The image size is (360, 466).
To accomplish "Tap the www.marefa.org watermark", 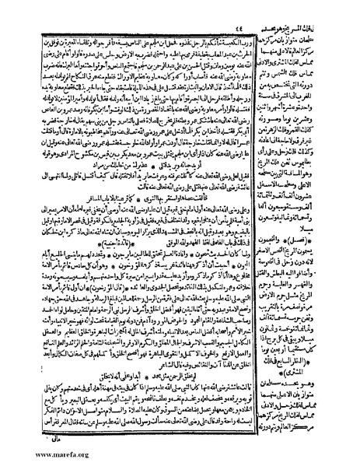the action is [x=37, y=458].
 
